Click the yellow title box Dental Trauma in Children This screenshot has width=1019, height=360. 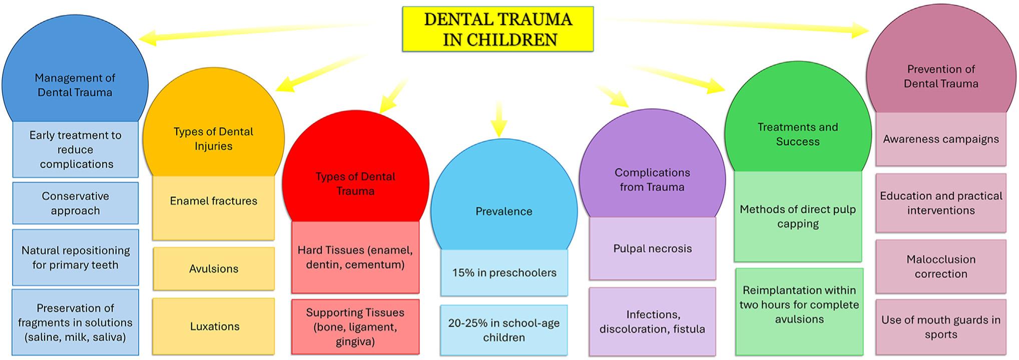pos(497,29)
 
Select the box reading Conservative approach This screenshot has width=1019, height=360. pos(75,203)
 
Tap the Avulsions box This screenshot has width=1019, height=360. pos(214,269)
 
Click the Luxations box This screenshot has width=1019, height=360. pos(214,326)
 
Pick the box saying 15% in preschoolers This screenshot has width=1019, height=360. pos(504,273)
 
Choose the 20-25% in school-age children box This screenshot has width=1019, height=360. pos(504,330)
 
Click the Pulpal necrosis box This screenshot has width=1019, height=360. pos(652,249)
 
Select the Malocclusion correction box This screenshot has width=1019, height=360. pos(940,266)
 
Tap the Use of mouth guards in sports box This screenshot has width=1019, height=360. pos(940,327)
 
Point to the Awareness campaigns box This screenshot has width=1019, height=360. pos(940,139)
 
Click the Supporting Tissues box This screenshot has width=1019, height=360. pos(355,327)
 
